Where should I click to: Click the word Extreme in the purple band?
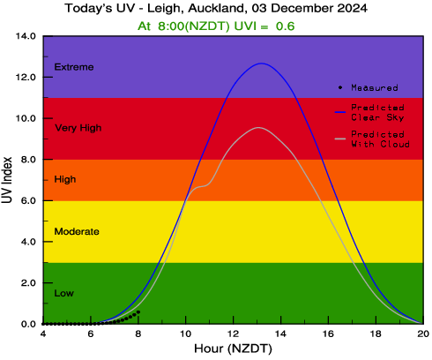point(74,67)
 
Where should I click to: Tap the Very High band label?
point(78,128)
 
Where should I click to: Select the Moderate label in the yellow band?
point(77,231)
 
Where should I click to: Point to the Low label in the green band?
point(63,293)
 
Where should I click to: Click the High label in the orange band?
point(65,179)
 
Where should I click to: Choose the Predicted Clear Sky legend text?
point(377,113)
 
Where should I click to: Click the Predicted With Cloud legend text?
point(380,139)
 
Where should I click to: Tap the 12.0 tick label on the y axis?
point(26,78)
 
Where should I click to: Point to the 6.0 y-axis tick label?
point(28,200)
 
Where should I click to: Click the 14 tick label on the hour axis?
point(281,334)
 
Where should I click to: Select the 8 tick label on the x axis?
point(138,334)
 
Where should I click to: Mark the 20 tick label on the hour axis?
point(423,334)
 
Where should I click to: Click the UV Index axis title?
point(7,180)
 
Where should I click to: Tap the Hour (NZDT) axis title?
point(233,349)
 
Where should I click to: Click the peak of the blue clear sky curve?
point(262,64)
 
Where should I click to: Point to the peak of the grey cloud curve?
point(258,127)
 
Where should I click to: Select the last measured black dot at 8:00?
point(138,311)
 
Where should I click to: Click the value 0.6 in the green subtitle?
point(285,26)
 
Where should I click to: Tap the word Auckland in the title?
point(216,8)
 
